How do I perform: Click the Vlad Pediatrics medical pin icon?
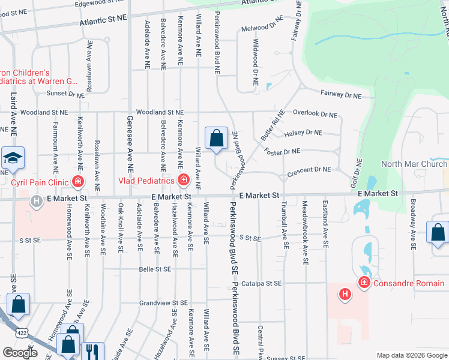coord(183,180)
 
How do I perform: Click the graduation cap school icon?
coord(12,158)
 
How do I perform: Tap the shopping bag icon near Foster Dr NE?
coord(216,138)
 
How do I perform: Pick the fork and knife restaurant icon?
coord(92,350)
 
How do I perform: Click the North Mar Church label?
coord(414,164)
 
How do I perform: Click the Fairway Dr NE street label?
coord(340,94)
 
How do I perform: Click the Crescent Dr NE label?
coord(309,170)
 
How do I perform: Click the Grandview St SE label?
coord(159,303)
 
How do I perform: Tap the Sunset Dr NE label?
coord(66,94)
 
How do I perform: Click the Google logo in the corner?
coord(20,353)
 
